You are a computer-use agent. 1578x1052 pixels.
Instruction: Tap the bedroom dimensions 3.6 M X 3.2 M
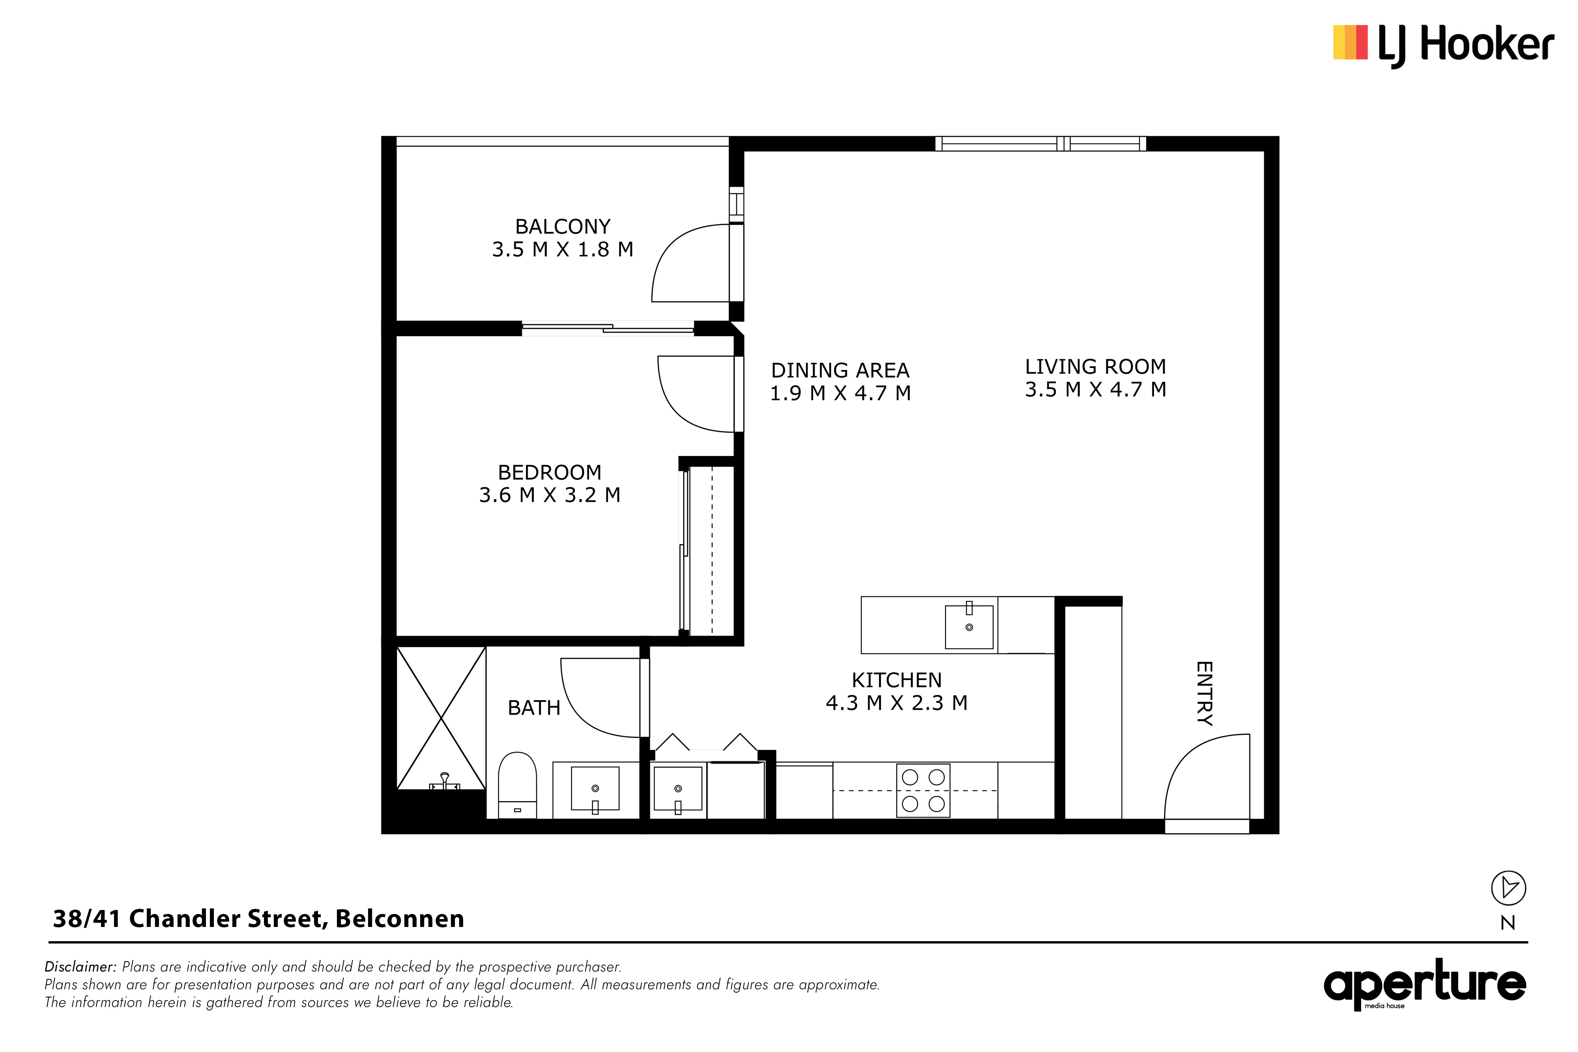coord(550,495)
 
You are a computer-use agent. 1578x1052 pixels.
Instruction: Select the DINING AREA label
coord(840,370)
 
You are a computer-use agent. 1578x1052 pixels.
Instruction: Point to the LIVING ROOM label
coord(1095,366)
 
